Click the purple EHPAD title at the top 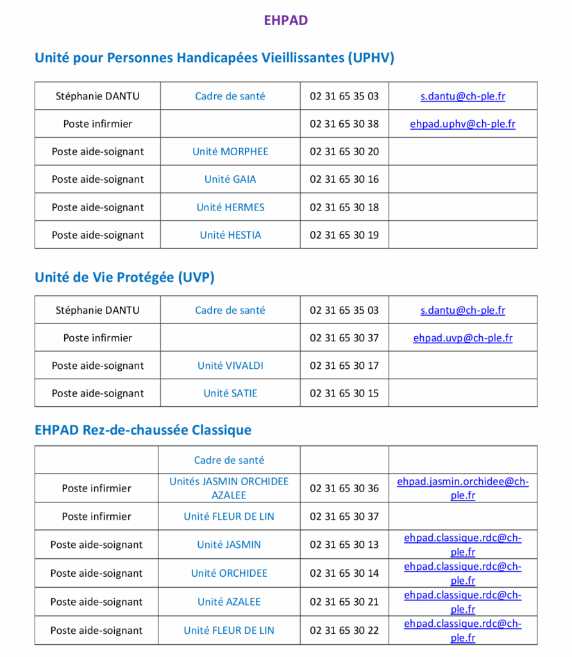pos(286,20)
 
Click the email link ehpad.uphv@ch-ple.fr pos(462,124)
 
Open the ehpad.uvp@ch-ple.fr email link pos(462,337)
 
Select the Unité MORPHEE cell pos(230,151)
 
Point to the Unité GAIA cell pos(230,179)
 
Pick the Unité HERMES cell pos(230,207)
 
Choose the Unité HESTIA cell pos(230,235)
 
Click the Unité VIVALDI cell pos(230,366)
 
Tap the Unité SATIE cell pos(230,393)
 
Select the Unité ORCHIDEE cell pos(229,573)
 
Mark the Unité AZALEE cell pos(229,602)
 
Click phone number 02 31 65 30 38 pos(344,124)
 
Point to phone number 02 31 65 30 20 pos(344,151)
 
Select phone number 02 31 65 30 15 pos(344,393)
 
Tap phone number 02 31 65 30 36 pos(344,488)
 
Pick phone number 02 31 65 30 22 pos(344,630)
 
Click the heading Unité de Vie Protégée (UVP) pos(124,277)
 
